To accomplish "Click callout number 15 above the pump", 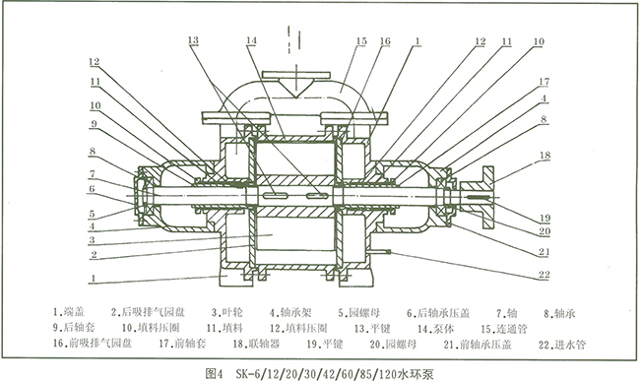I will [334, 43].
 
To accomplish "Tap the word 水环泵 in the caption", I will [416, 373].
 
